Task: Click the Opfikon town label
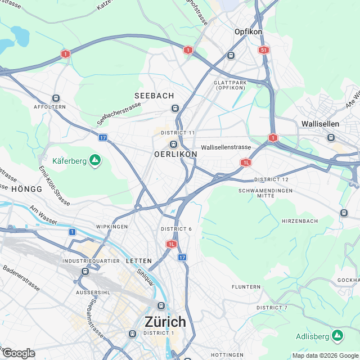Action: point(248,32)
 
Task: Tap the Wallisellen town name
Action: point(319,123)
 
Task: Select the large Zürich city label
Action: point(165,322)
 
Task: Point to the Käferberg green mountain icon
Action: point(95,161)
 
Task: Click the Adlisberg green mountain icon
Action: point(337,336)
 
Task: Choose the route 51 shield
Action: point(264,50)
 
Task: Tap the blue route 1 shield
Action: point(73,232)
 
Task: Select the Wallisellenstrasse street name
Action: point(226,147)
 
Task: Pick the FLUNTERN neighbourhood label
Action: point(246,287)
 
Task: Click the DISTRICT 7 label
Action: point(272,308)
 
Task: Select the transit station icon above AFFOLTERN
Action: point(55,98)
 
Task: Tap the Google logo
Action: point(18,353)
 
